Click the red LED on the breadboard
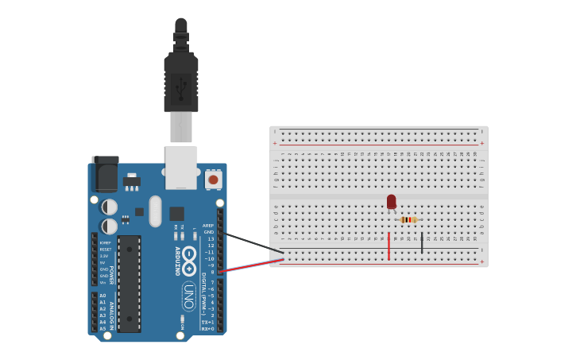click(x=391, y=202)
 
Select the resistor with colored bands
click(x=408, y=219)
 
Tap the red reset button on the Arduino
click(x=213, y=179)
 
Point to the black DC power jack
click(x=105, y=172)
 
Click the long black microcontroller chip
click(x=129, y=283)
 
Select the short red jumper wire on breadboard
click(x=389, y=246)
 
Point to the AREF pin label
click(x=208, y=225)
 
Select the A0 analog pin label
click(x=102, y=296)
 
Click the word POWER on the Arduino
click(x=111, y=274)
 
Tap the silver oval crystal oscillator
click(x=155, y=211)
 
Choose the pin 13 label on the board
click(x=211, y=238)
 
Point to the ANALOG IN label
click(x=111, y=315)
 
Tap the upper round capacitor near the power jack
click(x=110, y=207)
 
